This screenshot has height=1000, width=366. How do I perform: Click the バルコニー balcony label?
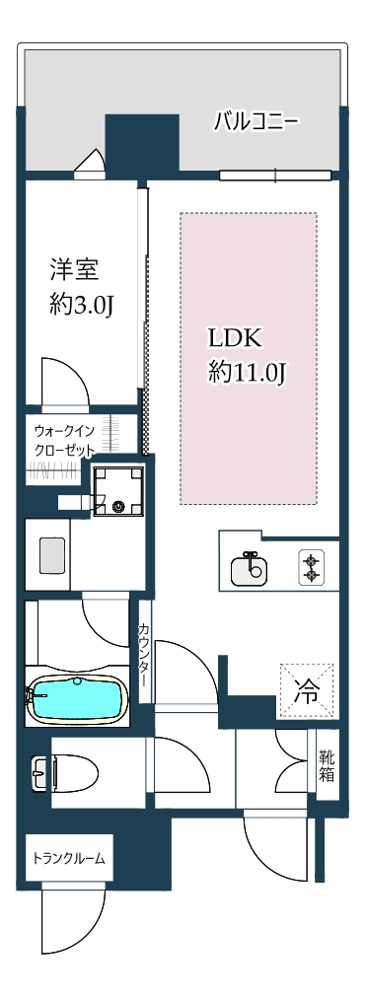click(256, 122)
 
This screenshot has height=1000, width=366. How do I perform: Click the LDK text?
click(235, 337)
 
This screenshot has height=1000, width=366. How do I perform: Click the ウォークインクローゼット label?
click(65, 441)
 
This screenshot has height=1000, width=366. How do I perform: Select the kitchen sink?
click(248, 568)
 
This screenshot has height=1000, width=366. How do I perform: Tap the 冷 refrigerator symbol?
click(307, 689)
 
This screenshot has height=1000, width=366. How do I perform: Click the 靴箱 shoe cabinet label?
click(327, 766)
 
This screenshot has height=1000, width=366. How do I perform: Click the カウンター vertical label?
click(144, 656)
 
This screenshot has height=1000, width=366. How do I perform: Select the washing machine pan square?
click(118, 491)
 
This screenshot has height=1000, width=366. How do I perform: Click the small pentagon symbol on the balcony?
click(89, 163)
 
